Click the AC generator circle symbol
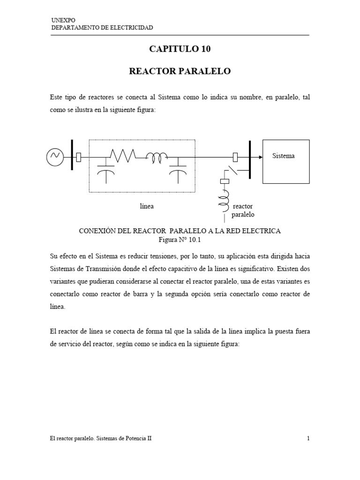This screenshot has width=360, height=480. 55,157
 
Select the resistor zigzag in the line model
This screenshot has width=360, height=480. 123,155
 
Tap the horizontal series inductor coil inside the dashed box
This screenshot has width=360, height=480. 156,158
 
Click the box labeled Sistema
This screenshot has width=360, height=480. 285,161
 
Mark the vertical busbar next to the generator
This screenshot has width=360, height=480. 72,157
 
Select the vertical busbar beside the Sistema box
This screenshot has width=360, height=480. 250,160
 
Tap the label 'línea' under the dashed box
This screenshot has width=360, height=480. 147,206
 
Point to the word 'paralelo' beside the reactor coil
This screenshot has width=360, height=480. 243,215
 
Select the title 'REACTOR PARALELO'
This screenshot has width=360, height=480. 180,71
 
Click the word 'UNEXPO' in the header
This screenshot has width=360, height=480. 60,21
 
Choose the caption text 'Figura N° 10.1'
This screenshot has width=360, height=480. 180,240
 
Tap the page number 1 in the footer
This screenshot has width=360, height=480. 308,439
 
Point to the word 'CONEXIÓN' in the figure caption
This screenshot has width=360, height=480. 96,231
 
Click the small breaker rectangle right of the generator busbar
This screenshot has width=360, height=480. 78,157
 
